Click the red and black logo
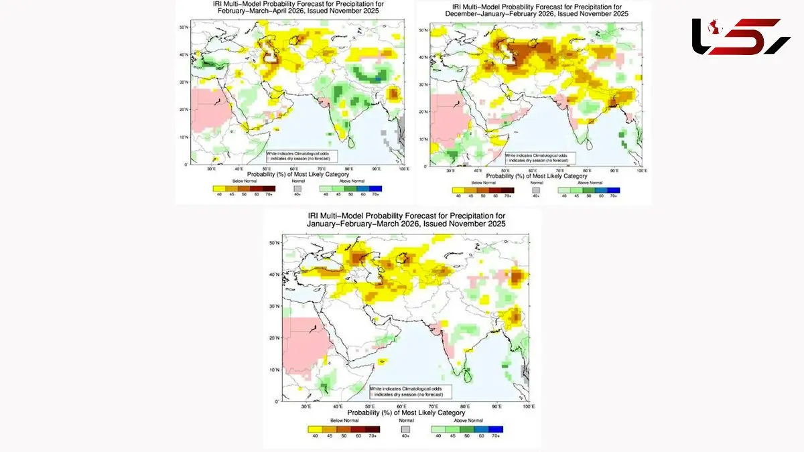coord(740,36)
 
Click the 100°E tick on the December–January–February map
coord(641,171)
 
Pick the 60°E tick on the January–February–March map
coord(402,406)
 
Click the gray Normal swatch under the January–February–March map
coord(405,429)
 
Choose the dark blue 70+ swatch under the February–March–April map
coord(376,187)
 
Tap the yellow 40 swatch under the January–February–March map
coord(313,429)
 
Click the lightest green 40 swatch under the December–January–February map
coord(564,190)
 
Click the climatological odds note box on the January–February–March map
coord(410,391)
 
